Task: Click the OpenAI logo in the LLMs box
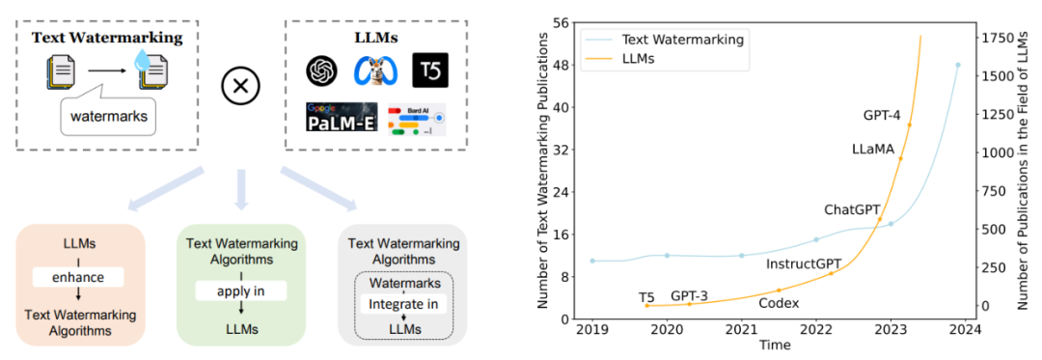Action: pos(322,69)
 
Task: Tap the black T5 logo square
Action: pos(430,69)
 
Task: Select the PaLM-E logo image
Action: pos(342,117)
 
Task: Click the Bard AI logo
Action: pos(418,120)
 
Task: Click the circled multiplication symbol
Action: pos(239,86)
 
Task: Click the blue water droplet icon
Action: pos(142,62)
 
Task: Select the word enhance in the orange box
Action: pos(79,277)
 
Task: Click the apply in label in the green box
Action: pos(240,291)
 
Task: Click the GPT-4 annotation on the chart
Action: pos(882,115)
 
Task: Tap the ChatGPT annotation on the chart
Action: pos(851,209)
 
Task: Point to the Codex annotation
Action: pos(779,303)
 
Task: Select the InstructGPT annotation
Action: pos(804,263)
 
